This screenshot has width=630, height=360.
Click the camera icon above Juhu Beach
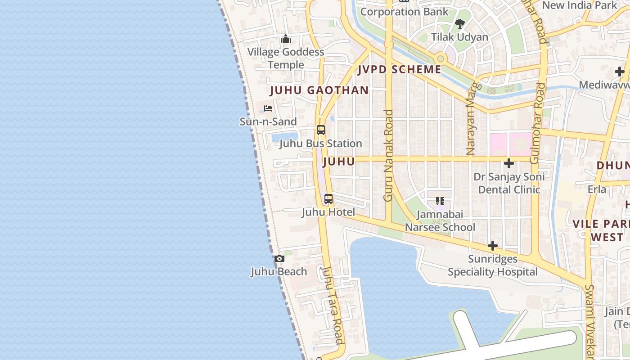(279, 259)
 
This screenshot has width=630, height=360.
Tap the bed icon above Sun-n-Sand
(268, 108)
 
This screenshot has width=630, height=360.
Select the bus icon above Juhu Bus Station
(320, 130)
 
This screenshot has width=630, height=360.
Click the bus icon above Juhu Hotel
(328, 199)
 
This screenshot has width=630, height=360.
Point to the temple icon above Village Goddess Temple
(285, 40)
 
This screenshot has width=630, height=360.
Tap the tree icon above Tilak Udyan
(459, 23)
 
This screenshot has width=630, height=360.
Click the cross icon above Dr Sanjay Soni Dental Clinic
(509, 163)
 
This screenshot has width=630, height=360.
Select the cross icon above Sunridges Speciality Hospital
(493, 246)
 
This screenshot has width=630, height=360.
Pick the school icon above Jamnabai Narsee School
(440, 201)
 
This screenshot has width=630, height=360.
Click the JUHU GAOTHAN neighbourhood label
(319, 90)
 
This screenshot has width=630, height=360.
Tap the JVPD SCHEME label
(400, 69)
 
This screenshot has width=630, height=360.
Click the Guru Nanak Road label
(388, 155)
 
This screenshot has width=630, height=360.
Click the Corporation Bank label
(404, 12)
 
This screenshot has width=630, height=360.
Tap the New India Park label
(580, 5)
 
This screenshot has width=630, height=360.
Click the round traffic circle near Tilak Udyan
(440, 58)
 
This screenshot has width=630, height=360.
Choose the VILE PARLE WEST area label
(601, 230)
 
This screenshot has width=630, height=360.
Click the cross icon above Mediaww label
(620, 72)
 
